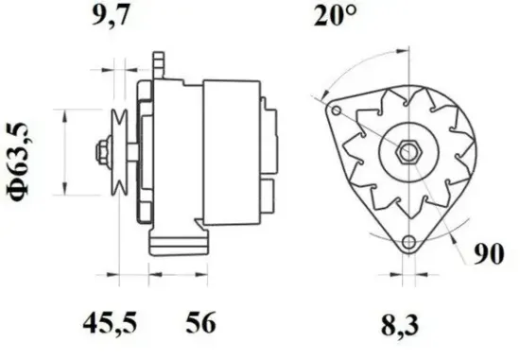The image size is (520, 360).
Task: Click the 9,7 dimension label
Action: pyautogui.click(x=110, y=15)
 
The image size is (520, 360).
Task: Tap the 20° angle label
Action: pyautogui.click(x=335, y=15)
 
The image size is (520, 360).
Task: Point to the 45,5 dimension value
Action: pyautogui.click(x=110, y=322)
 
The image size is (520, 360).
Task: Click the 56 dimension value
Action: pyautogui.click(x=200, y=322)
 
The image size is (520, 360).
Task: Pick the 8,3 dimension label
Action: pyautogui.click(x=400, y=325)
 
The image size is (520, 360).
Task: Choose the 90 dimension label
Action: pyautogui.click(x=489, y=254)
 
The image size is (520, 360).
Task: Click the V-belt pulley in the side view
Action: pyautogui.click(x=119, y=152)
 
